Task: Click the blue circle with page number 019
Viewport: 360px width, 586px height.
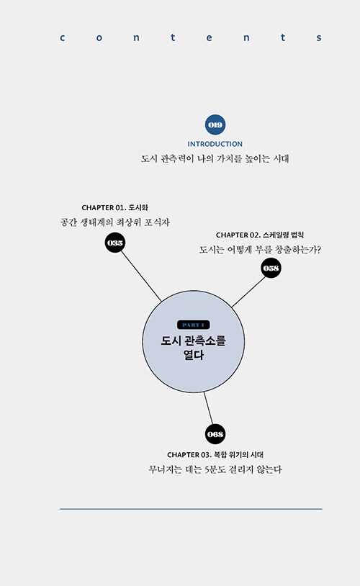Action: click(215, 125)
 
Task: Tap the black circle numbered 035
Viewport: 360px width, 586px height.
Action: click(114, 243)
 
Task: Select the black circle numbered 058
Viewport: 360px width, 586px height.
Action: click(271, 268)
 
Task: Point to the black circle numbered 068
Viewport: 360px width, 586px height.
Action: click(215, 434)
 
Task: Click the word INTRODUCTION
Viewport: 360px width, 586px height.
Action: click(215, 144)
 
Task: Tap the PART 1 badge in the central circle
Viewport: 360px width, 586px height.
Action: click(193, 325)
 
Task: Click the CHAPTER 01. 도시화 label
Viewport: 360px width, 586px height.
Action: click(114, 207)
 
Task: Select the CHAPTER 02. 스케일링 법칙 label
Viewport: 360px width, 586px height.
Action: click(260, 235)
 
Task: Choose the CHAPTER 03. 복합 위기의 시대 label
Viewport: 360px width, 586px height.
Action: click(215, 455)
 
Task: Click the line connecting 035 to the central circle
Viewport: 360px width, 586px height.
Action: click(141, 276)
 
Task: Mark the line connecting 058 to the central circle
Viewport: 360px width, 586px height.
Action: click(248, 292)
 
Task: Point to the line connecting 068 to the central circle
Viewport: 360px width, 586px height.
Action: click(208, 408)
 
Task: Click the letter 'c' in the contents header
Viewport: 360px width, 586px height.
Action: click(63, 37)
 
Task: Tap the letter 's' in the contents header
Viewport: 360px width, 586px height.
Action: click(319, 37)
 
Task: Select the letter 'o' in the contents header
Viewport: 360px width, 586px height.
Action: click(99, 37)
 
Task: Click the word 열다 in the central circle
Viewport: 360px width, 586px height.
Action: click(194, 355)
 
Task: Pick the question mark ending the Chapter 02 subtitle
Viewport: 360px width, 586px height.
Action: click(318, 249)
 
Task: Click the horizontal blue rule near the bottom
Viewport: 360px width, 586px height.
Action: click(191, 509)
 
